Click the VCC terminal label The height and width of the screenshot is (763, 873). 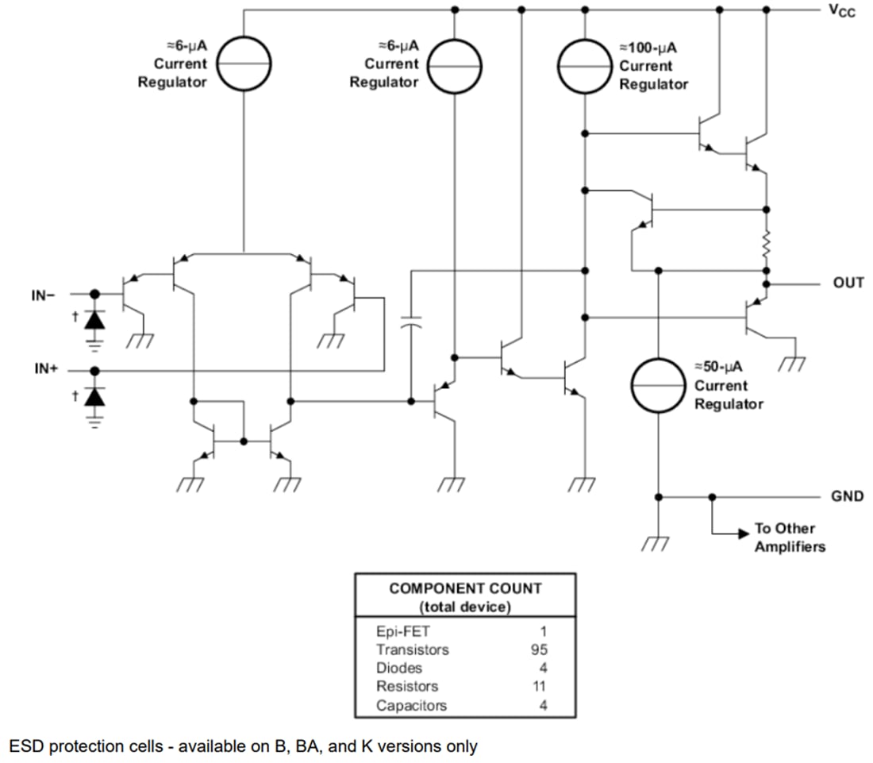pos(842,12)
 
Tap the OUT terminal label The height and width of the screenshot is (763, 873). pos(848,283)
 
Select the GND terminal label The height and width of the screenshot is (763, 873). pos(847,496)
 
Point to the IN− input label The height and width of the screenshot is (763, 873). pos(44,295)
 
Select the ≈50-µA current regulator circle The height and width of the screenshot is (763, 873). pos(658,385)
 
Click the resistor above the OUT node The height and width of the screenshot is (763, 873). pos(767,245)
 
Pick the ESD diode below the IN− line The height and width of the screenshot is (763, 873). pos(95,319)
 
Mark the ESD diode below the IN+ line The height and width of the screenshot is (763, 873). pos(95,395)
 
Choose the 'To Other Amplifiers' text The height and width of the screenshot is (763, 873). pos(790,538)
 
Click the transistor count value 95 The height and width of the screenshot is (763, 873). pos(539,649)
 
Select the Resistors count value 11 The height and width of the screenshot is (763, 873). pos(539,686)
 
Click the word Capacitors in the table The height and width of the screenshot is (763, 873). pos(411,705)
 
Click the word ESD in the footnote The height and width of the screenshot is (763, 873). pos(25,746)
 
